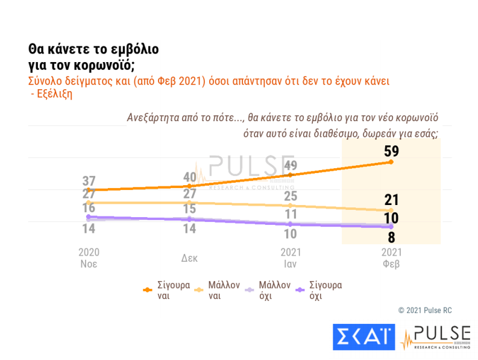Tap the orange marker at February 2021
[x=392, y=162]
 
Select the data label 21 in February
[x=392, y=200]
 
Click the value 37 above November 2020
[x=89, y=181]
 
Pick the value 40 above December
[x=190, y=177]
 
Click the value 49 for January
[x=291, y=165]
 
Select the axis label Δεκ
[x=190, y=257]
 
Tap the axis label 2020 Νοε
[x=89, y=257]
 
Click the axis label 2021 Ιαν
[x=291, y=257]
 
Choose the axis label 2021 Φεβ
[x=392, y=257]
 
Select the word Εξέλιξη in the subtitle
[x=52, y=94]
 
